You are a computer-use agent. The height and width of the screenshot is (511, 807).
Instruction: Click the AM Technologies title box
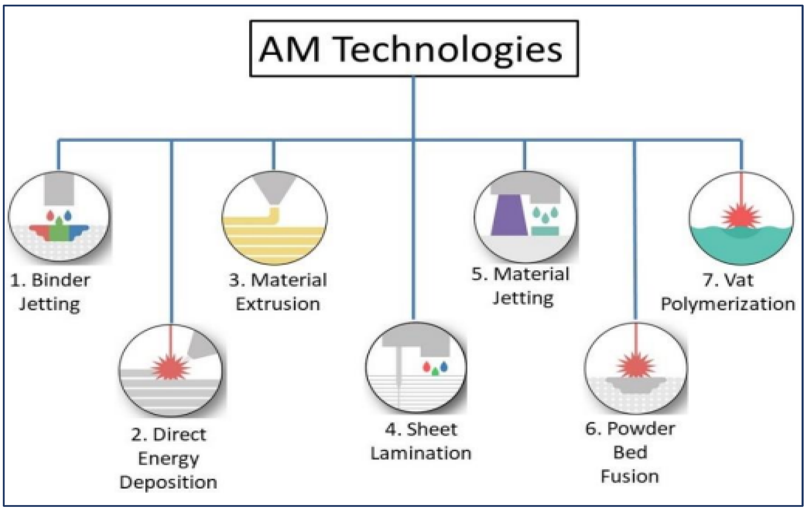coord(414,49)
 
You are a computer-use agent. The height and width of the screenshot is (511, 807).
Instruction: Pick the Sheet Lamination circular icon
coord(416,367)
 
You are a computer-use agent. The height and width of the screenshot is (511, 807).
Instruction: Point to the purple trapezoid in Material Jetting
coord(509,216)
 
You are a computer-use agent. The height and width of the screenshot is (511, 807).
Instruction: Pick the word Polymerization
coord(728,304)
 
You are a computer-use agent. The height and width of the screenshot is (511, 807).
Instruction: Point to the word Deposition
coord(168,483)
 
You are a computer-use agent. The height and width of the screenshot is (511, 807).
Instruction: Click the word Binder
coord(61,280)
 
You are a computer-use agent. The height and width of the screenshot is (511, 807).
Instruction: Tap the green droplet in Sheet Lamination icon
coord(435,371)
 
